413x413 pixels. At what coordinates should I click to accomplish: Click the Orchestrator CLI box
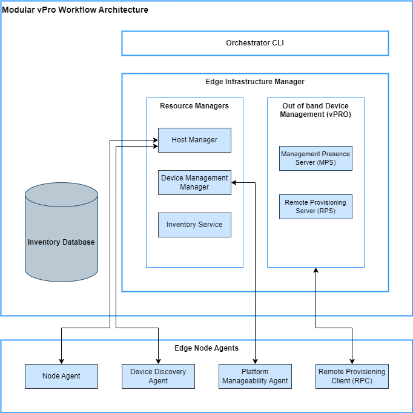coord(255,44)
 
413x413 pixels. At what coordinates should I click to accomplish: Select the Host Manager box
coord(194,140)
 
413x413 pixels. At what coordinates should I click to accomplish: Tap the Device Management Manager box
coord(194,182)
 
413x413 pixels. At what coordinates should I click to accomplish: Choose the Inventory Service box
coord(194,225)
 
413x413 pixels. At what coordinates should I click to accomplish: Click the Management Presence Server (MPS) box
coord(316,158)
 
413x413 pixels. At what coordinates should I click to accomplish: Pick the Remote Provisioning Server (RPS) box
coord(316,206)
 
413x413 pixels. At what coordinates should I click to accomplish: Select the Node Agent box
coord(61,376)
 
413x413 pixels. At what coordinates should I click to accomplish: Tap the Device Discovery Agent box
coord(158,376)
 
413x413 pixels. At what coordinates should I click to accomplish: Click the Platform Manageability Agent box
coord(255,376)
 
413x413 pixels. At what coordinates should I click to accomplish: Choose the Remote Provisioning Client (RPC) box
coord(352,376)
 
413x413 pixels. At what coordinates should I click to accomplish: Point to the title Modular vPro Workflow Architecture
coord(75,10)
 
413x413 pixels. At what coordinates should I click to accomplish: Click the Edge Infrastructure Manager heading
coord(255,81)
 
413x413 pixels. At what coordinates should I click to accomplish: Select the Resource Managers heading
coord(194,106)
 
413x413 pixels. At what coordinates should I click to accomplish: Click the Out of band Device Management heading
coord(316,110)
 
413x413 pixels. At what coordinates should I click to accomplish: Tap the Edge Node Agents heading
coord(206,348)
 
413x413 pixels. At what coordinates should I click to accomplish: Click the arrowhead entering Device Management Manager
coord(235,182)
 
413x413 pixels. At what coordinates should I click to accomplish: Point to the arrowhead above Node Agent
coord(61,360)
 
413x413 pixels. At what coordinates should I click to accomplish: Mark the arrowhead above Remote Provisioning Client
coord(352,360)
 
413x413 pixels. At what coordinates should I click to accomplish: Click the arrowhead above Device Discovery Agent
coord(158,360)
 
